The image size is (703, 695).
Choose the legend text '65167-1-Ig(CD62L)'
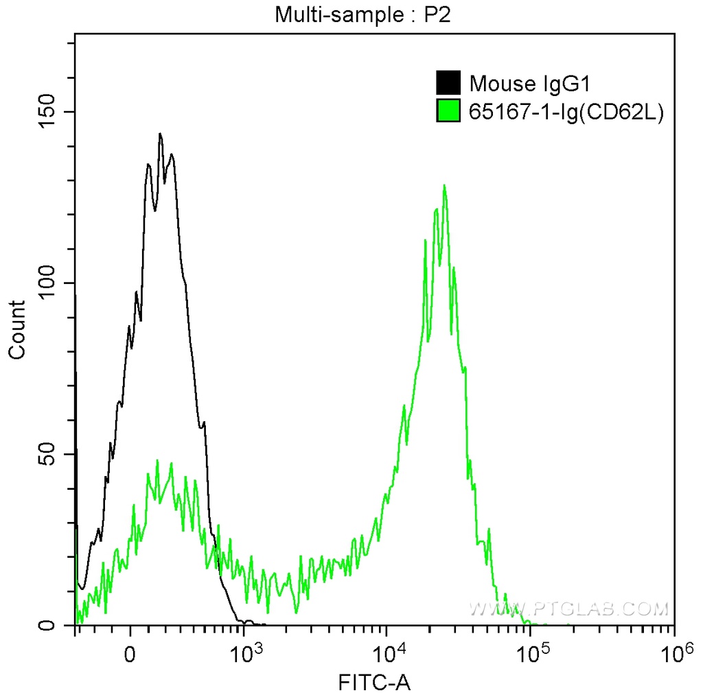tap(566, 111)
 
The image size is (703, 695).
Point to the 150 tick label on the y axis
tap(45, 112)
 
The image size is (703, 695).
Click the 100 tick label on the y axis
tap(45, 283)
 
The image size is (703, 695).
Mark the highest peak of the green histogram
tap(444, 185)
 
